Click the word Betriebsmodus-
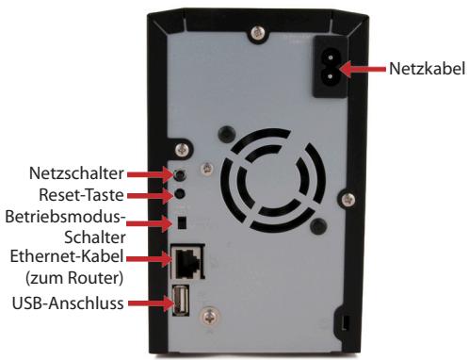[66, 218]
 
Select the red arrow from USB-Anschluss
[149, 303]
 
